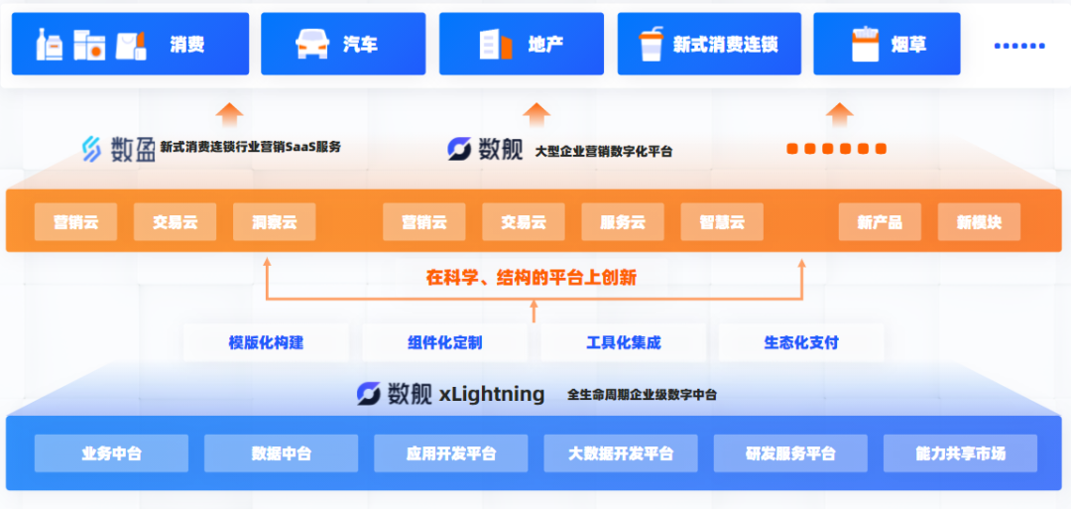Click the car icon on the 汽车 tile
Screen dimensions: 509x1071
311,44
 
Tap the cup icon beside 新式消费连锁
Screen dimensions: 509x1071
651,44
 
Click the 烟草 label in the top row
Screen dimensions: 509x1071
908,45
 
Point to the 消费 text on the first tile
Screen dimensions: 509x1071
186,45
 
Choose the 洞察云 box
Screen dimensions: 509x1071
274,222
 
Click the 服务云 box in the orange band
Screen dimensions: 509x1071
622,222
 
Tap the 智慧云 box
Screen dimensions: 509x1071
721,222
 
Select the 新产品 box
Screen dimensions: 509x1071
880,222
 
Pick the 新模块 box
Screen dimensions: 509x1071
979,222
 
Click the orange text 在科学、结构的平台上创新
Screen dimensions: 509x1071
532,278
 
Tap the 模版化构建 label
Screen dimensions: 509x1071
266,342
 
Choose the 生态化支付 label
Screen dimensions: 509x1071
801,342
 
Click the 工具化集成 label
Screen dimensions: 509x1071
623,342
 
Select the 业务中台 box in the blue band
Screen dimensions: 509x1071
111,453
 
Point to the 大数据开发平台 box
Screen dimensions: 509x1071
621,453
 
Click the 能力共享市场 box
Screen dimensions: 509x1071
960,453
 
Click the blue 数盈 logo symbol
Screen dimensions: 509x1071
91,148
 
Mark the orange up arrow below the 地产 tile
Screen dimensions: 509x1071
536,113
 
